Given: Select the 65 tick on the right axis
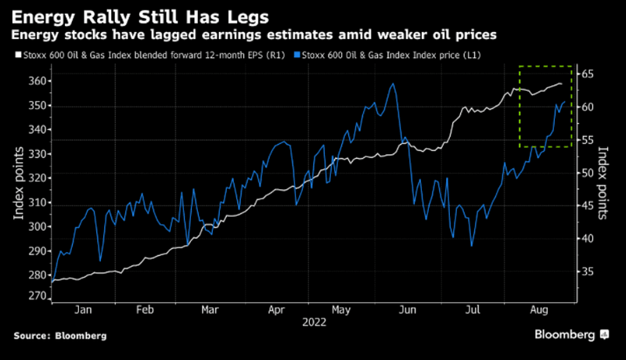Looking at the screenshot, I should pyautogui.click(x=588, y=74).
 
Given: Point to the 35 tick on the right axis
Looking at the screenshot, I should pyautogui.click(x=588, y=272).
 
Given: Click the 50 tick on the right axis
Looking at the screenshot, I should pyautogui.click(x=588, y=173).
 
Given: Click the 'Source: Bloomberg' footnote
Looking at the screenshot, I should pyautogui.click(x=59, y=335).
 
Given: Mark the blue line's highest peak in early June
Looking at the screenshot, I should pyautogui.click(x=393, y=84).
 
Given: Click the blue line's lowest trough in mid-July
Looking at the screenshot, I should pyautogui.click(x=471, y=246).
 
